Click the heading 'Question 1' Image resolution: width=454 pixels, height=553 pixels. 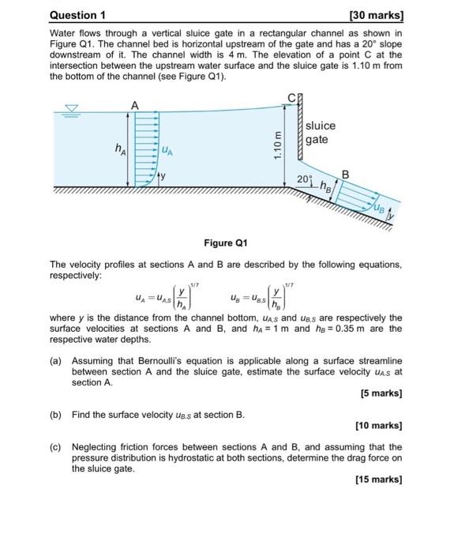point(77,15)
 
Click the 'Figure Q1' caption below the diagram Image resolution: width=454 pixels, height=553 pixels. point(226,243)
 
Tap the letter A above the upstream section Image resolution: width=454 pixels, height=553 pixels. point(134,106)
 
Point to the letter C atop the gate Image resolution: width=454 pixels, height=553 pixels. point(291,99)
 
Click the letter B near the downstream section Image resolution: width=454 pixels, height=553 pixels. point(344,173)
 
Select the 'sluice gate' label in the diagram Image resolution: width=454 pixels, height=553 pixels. point(320,132)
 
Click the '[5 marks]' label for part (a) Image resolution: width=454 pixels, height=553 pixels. point(381,393)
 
